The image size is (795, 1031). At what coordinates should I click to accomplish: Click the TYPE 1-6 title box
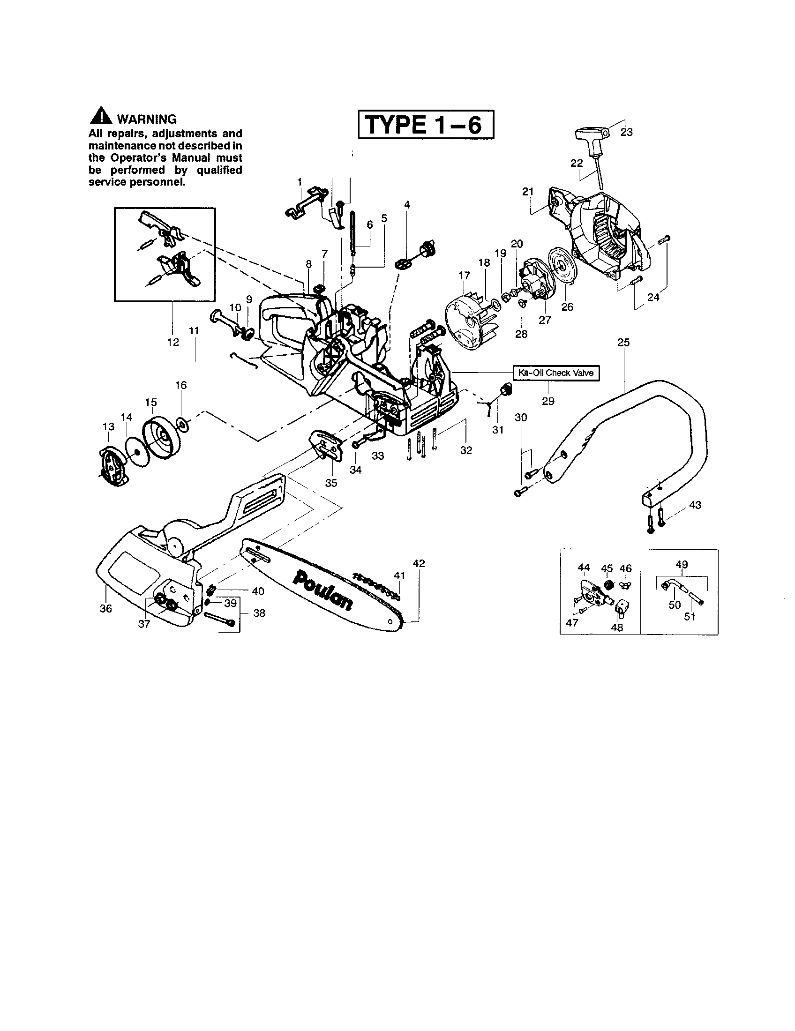click(426, 125)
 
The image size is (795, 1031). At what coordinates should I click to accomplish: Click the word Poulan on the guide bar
click(322, 590)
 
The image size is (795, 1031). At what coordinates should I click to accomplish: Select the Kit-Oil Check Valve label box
click(556, 373)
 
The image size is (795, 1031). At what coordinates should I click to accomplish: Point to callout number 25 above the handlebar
click(623, 343)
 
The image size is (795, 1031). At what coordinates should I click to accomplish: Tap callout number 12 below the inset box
click(173, 342)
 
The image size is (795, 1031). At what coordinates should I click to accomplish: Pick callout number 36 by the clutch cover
click(106, 608)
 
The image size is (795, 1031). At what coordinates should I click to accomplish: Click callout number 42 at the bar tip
click(419, 563)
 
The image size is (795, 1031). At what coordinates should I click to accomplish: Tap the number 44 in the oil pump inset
click(584, 568)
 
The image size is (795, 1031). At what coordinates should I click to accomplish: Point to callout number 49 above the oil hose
click(682, 564)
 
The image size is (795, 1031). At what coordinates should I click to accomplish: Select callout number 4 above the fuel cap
click(407, 204)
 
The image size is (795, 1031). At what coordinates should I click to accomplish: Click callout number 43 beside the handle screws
click(695, 505)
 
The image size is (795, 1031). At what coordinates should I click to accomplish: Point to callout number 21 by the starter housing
click(528, 191)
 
